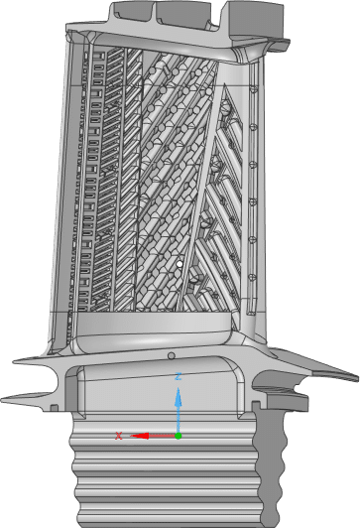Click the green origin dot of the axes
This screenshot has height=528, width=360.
(178, 436)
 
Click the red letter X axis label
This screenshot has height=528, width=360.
(118, 436)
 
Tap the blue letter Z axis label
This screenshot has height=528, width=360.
(178, 376)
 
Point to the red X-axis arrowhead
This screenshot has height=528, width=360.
(140, 436)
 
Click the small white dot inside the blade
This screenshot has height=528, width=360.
(180, 264)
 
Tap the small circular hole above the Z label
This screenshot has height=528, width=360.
(172, 355)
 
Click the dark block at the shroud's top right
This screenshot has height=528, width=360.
(256, 19)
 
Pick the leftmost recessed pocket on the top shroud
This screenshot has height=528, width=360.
(132, 10)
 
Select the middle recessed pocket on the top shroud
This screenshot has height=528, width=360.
(183, 14)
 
